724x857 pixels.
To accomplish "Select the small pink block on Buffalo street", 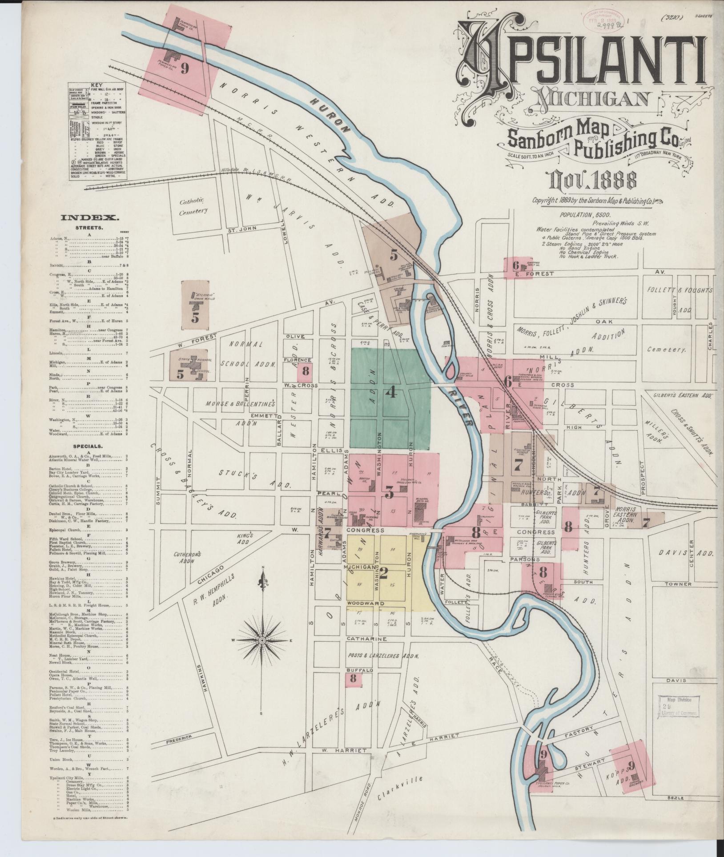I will pos(354,691).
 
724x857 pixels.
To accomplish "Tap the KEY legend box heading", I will pos(96,84).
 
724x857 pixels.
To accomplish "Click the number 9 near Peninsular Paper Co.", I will pos(184,68).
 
